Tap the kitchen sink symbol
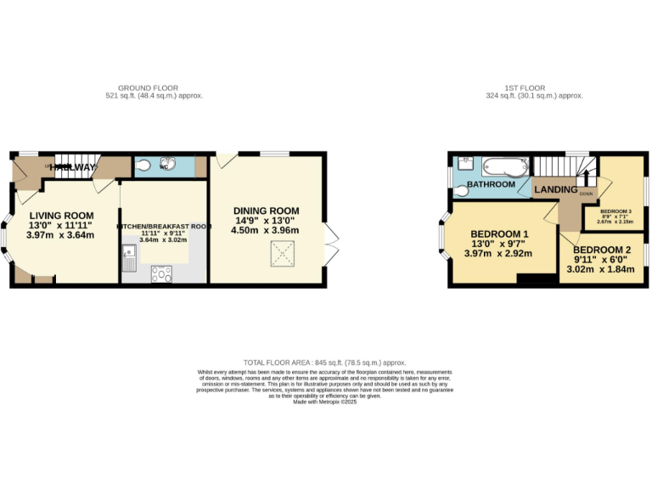pyautogui.click(x=128, y=258)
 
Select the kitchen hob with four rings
pyautogui.click(x=161, y=273)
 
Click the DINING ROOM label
pyautogui.click(x=267, y=211)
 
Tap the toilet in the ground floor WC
pyautogui.click(x=143, y=166)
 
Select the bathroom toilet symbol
pyautogui.click(x=463, y=188)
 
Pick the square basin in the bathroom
pyautogui.click(x=466, y=161)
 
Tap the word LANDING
pyautogui.click(x=555, y=189)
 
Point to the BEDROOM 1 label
pyautogui.click(x=500, y=234)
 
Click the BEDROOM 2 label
pyautogui.click(x=602, y=250)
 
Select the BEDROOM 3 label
pyautogui.click(x=615, y=211)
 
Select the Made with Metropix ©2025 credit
pyautogui.click(x=326, y=402)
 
